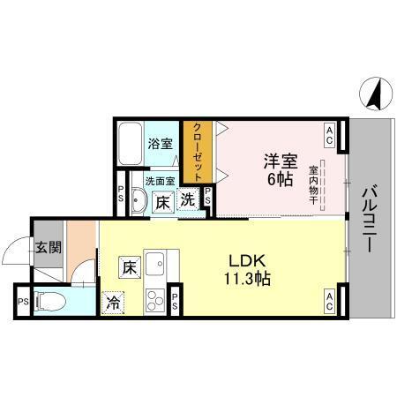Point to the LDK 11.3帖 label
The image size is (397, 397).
[x=249, y=269]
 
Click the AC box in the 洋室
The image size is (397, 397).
[x=328, y=135]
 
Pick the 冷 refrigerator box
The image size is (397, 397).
[x=114, y=300]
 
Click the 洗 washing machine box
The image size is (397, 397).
[x=188, y=200]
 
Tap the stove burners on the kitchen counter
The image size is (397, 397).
[x=156, y=297]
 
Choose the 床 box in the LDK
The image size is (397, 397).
[x=128, y=265]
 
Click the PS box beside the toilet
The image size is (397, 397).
[x=22, y=302]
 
